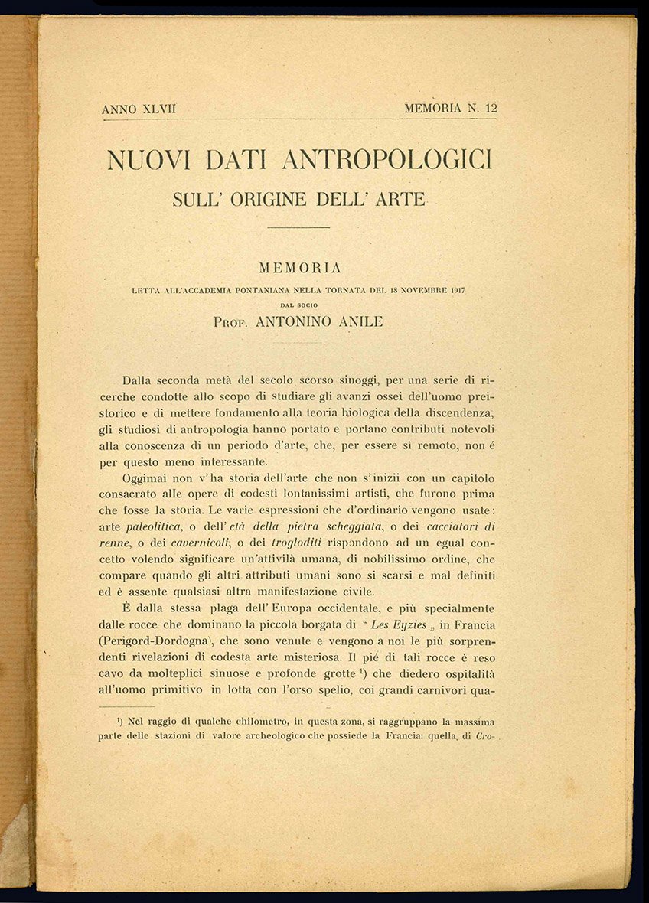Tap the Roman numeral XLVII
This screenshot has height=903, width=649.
(x=158, y=109)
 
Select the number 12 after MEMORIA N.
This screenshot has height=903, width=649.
(x=490, y=109)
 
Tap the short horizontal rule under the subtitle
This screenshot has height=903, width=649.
(x=298, y=227)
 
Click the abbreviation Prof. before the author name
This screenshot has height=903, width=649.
(x=232, y=322)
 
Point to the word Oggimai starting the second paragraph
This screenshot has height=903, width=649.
(x=148, y=479)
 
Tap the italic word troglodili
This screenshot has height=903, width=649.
(x=284, y=543)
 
